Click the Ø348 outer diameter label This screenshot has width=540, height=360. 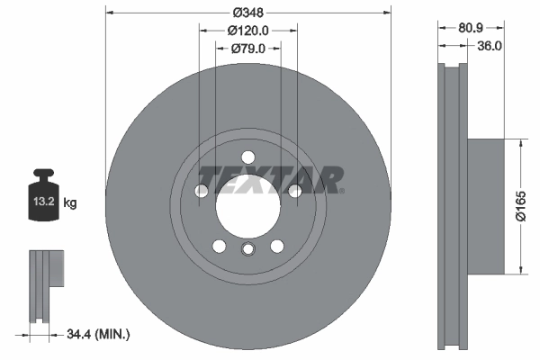249,12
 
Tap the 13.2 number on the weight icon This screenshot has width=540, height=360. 43,203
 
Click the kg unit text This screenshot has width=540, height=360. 70,203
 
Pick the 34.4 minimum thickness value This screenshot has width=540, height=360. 78,335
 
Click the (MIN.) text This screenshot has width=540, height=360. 112,335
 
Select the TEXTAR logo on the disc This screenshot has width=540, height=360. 270,179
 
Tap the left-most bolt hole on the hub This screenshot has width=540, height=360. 202,190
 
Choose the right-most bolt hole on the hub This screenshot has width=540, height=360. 295,190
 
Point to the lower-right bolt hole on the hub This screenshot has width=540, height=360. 277,245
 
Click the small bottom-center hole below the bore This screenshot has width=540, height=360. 248,251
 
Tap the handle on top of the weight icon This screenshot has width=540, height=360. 43,175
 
